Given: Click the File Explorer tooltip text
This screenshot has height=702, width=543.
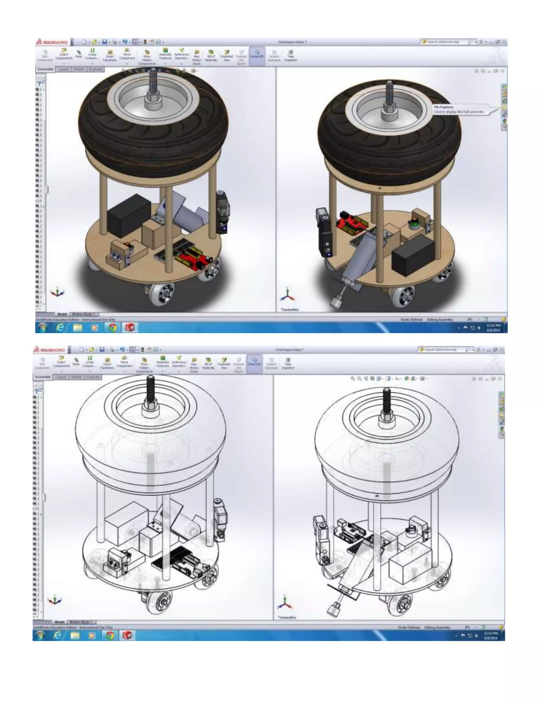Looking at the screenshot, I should pos(458,109).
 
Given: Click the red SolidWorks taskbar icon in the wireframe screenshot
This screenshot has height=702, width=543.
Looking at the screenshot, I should pos(127,635).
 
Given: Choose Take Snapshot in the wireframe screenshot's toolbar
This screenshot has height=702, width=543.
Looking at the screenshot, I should pos(288,363).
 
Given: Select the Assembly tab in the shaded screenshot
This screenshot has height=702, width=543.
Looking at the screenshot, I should pos(45,69).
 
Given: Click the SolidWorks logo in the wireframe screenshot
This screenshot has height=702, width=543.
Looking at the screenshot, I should pos(50,350).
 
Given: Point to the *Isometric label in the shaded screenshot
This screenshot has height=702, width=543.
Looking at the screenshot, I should pos(290,309).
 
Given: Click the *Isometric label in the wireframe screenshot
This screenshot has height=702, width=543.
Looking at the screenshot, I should pos(287,617).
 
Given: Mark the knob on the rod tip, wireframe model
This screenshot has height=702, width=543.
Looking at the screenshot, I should pos(334,609).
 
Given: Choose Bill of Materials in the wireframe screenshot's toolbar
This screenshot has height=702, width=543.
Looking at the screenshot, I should pos(208,363).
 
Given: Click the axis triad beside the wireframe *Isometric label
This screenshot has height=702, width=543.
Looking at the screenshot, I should pos(285,603).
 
